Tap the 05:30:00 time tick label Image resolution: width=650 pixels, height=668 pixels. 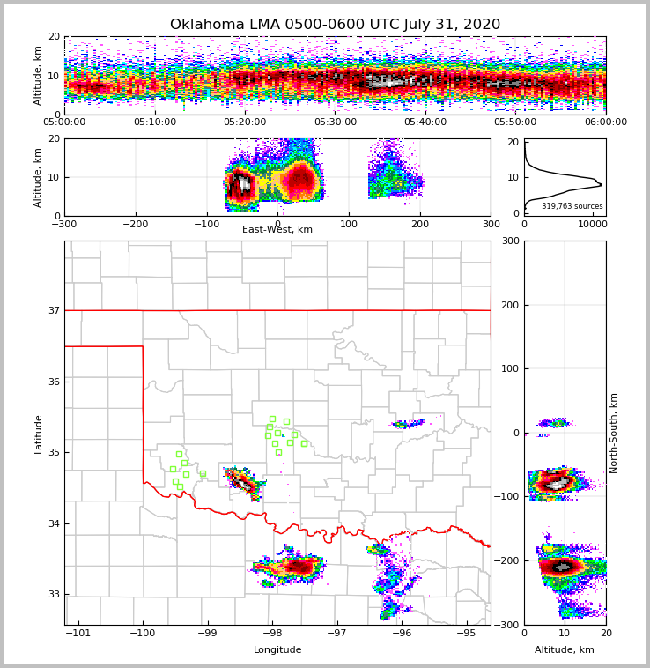tap(336, 122)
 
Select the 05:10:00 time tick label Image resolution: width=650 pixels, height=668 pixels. tap(155, 122)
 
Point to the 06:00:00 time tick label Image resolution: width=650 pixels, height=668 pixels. tap(605, 122)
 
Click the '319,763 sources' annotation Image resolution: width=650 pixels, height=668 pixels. tap(572, 206)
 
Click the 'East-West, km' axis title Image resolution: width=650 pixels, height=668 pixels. tap(277, 230)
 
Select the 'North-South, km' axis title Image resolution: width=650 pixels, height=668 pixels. tap(614, 433)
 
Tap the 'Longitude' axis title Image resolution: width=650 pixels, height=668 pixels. tap(277, 650)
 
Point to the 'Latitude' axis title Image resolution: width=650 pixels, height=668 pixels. tap(39, 434)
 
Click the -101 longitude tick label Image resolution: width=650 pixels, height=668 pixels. tap(79, 633)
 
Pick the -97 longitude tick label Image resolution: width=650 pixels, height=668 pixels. tap(337, 633)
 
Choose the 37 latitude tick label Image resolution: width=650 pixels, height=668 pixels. tap(54, 310)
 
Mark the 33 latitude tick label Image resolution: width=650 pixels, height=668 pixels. tap(54, 594)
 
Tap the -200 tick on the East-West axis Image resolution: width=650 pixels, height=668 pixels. tap(135, 224)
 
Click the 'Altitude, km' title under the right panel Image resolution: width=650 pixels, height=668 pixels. tap(565, 650)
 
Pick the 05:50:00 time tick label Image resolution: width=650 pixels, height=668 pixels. tap(515, 122)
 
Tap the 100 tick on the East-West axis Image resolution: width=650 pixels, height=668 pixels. tap(349, 224)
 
